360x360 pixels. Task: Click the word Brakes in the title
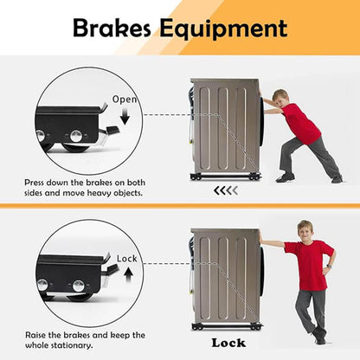(x=114, y=29)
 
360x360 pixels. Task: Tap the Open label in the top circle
(x=125, y=100)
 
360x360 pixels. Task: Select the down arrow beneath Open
(x=124, y=116)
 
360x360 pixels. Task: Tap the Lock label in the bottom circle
(x=126, y=259)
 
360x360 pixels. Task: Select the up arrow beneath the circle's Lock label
(x=126, y=274)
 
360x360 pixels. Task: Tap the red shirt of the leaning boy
(x=308, y=264)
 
